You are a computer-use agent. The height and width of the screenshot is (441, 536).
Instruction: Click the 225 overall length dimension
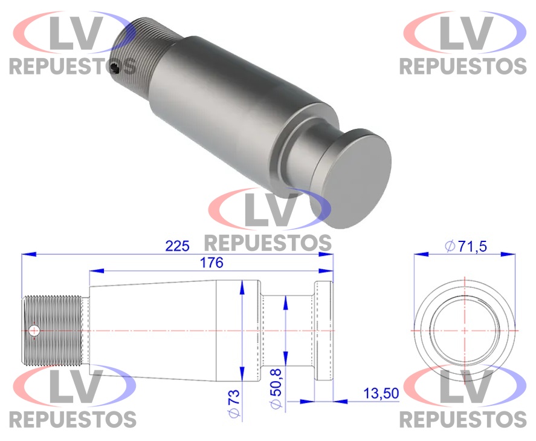click(x=177, y=246)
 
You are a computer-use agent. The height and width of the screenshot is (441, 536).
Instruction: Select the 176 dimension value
click(x=211, y=263)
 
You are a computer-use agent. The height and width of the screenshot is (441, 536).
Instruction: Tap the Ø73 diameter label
click(x=235, y=403)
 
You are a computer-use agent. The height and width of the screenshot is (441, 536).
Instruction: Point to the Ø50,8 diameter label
click(x=276, y=388)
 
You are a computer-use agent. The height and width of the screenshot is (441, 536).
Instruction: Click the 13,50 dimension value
click(x=381, y=393)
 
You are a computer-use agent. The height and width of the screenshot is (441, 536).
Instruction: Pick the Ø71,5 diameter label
click(x=466, y=246)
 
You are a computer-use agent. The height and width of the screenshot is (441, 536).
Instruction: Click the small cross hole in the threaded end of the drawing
click(x=34, y=331)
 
